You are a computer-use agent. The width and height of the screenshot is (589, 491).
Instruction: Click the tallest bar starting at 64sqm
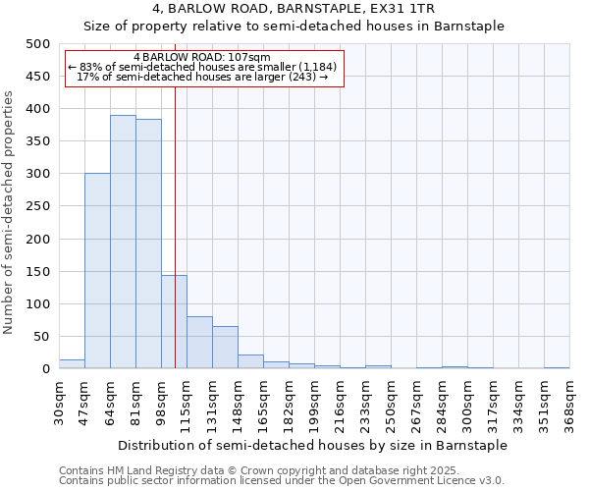pyautogui.click(x=123, y=242)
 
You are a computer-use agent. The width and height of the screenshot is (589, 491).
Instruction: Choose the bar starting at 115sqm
pyautogui.click(x=199, y=343)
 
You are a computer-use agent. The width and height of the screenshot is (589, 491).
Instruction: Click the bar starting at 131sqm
pyautogui.click(x=225, y=348)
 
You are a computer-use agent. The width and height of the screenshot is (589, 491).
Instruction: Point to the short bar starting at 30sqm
pyautogui.click(x=72, y=364)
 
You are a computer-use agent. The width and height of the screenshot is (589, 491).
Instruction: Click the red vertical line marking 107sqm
pyautogui.click(x=175, y=196)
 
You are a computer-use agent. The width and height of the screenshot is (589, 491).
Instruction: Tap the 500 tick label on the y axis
pyautogui.click(x=37, y=44)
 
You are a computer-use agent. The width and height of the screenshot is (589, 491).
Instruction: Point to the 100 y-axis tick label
pyautogui.click(x=37, y=304)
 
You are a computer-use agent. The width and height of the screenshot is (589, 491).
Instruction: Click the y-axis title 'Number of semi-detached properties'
pyautogui.click(x=9, y=211)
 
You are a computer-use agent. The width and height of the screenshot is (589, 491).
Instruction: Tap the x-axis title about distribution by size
pyautogui.click(x=313, y=445)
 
